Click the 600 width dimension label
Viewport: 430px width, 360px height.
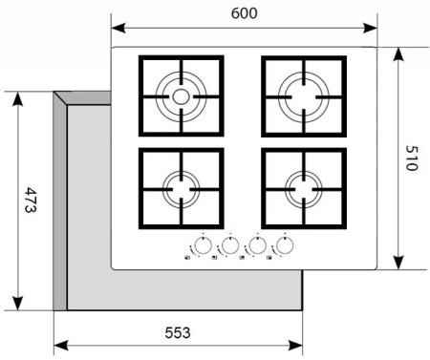click(x=244, y=13)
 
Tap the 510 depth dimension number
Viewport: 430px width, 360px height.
click(x=412, y=159)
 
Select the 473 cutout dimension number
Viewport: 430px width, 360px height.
click(x=31, y=201)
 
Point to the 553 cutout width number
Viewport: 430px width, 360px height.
click(x=178, y=332)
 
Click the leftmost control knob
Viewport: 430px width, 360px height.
click(x=203, y=245)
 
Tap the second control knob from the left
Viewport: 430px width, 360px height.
click(x=230, y=245)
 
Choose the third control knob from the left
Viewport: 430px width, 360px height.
click(x=257, y=245)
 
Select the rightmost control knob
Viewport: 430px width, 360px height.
click(x=285, y=245)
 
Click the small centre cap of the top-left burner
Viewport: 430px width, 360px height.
click(x=181, y=96)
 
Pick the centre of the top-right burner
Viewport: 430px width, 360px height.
click(x=304, y=96)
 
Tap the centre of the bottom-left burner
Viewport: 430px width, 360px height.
click(x=181, y=189)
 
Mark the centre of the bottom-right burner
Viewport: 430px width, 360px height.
click(x=304, y=189)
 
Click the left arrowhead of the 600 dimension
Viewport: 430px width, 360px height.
click(x=118, y=28)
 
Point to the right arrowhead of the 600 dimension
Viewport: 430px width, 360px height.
click(x=370, y=28)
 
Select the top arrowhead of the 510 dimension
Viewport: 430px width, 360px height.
click(x=398, y=54)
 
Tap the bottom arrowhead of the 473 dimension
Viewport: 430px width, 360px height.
click(x=17, y=303)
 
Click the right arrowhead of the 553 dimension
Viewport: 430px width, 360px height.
click(x=295, y=345)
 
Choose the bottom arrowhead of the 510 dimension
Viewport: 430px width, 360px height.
click(x=398, y=263)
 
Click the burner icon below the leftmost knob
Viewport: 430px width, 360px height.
click(x=187, y=258)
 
